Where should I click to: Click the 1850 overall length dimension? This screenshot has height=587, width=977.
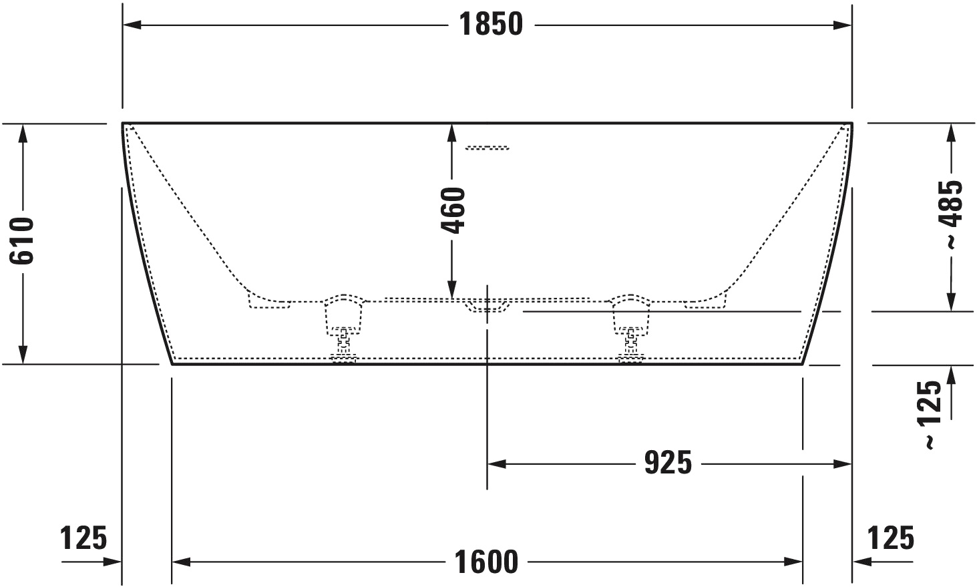491,25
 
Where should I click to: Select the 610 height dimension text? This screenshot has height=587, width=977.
22,241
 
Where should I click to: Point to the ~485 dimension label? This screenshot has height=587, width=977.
951,214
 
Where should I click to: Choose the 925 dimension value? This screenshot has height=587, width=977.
668,463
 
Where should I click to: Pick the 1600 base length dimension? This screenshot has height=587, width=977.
487,562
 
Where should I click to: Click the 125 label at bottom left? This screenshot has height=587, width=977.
83,538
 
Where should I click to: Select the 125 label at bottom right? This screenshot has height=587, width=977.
891,538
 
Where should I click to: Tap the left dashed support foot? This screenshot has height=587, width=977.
343,327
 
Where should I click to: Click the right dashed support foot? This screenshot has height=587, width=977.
631,327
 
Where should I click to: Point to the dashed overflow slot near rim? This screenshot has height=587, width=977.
487,148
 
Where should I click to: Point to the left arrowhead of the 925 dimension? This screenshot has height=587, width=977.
496,463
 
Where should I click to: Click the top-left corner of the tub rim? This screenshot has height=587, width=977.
124,124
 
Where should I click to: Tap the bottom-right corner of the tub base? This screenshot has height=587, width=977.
802,365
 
